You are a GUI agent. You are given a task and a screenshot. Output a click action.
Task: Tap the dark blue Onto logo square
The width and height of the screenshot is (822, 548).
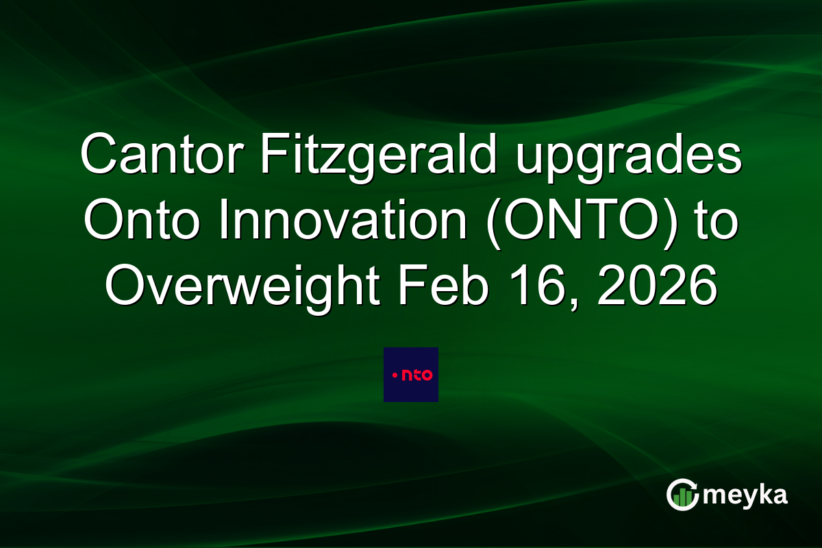[411, 375]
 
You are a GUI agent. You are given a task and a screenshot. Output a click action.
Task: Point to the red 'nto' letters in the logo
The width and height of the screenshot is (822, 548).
[417, 375]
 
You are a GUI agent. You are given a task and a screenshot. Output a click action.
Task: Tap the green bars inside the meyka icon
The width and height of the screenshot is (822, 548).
[682, 497]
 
